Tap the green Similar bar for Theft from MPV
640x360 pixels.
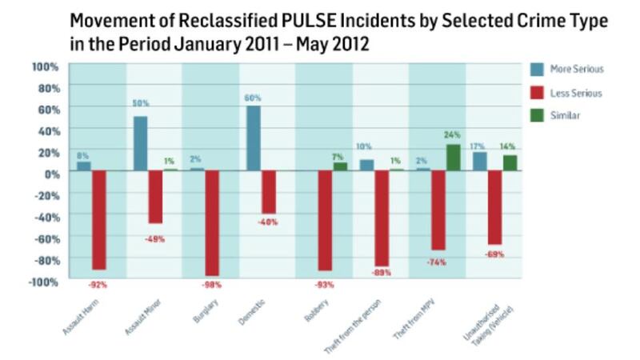click(x=453, y=157)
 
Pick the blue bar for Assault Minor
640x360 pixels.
click(x=140, y=143)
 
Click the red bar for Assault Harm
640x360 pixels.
click(x=99, y=220)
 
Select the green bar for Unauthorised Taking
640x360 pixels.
click(x=510, y=162)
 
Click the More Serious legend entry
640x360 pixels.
click(x=574, y=70)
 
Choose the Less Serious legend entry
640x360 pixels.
click(x=574, y=93)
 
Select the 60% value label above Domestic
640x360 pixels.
click(x=253, y=98)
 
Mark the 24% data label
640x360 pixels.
click(x=454, y=136)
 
